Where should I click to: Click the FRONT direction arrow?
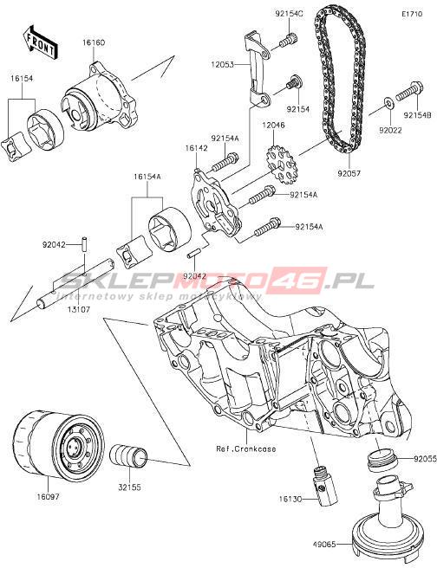(x=39, y=42)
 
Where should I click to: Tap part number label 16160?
(x=94, y=42)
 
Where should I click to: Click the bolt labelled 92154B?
(x=409, y=91)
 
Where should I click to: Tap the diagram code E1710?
(x=412, y=15)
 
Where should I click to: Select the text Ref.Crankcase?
(x=246, y=449)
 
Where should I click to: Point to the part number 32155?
(x=130, y=487)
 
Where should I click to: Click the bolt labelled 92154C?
(x=289, y=40)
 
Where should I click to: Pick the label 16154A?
(x=147, y=177)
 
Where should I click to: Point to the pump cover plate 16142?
(x=216, y=204)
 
